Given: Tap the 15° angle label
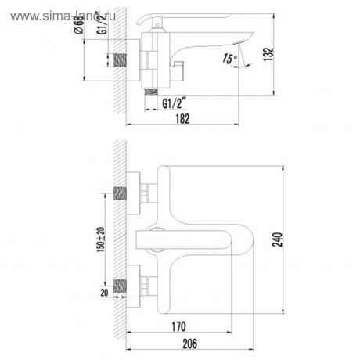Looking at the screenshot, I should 228,58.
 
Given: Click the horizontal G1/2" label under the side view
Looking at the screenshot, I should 175,103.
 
